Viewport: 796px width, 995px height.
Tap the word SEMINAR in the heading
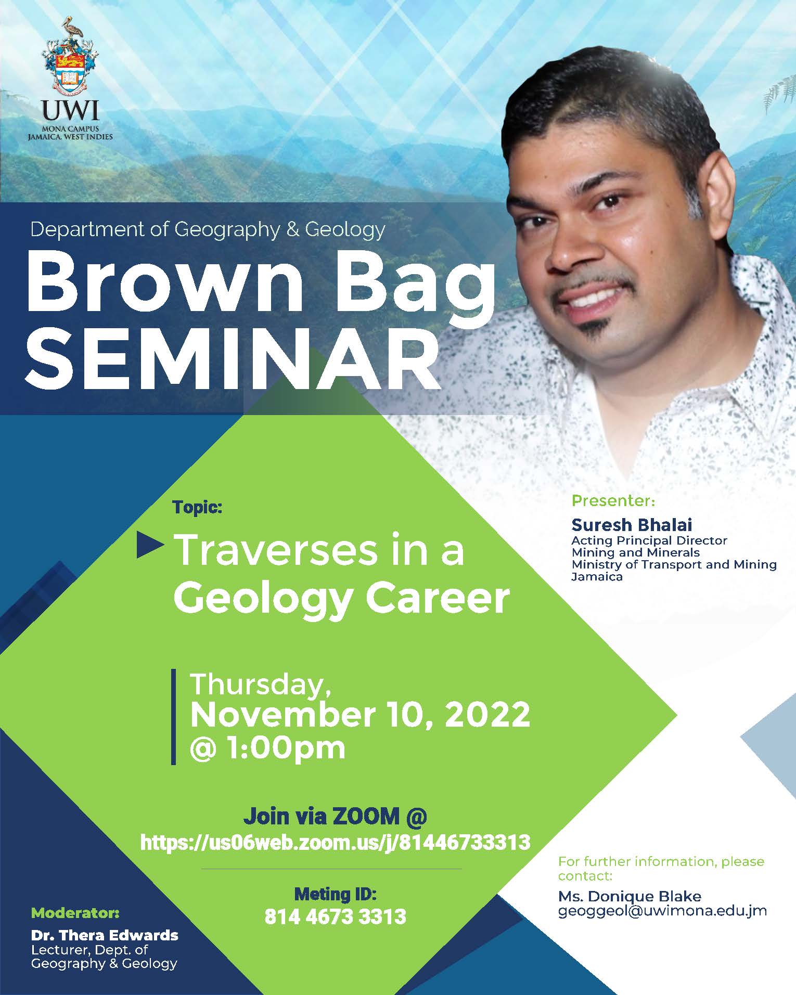tap(233, 359)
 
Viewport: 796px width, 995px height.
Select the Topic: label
tap(198, 507)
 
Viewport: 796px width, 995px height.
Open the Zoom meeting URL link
tap(335, 842)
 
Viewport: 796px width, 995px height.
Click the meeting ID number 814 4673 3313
tap(336, 916)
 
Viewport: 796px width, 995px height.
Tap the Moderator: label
tap(75, 913)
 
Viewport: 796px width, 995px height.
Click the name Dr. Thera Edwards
tap(105, 935)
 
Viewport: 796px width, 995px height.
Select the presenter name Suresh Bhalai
tap(632, 524)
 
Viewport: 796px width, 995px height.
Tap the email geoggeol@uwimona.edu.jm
tap(662, 911)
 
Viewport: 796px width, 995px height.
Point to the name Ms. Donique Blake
tap(630, 896)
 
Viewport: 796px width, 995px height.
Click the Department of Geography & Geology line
tap(208, 229)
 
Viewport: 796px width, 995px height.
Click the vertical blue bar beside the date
tap(174, 717)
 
